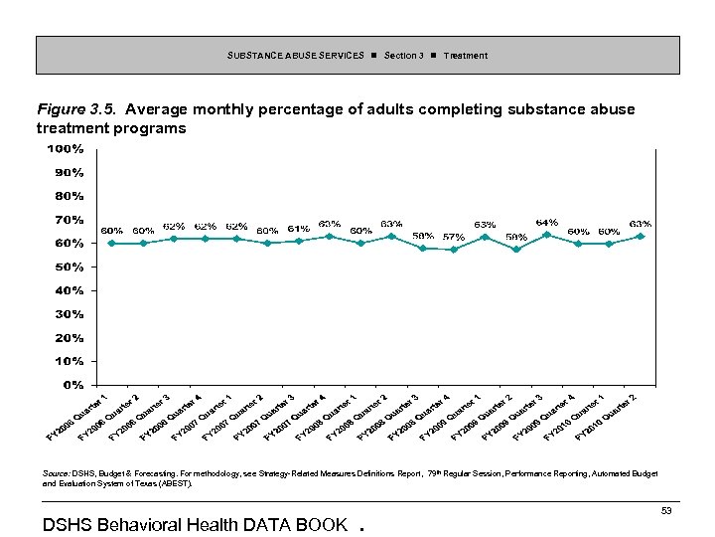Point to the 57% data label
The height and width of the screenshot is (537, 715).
coord(454,237)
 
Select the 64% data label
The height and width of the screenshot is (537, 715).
coord(547,222)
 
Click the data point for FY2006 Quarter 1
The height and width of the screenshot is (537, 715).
coord(112,243)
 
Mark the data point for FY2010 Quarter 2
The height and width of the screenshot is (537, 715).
coord(641,236)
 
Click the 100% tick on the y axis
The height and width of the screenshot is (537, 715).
coord(66,149)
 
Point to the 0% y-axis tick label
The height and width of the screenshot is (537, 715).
coord(71,385)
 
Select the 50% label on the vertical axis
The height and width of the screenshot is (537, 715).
coord(69,267)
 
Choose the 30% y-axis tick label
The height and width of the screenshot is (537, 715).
coord(69,313)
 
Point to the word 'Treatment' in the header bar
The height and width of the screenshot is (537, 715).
coord(465,56)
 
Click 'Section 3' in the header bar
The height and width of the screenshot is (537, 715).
coord(403,56)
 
